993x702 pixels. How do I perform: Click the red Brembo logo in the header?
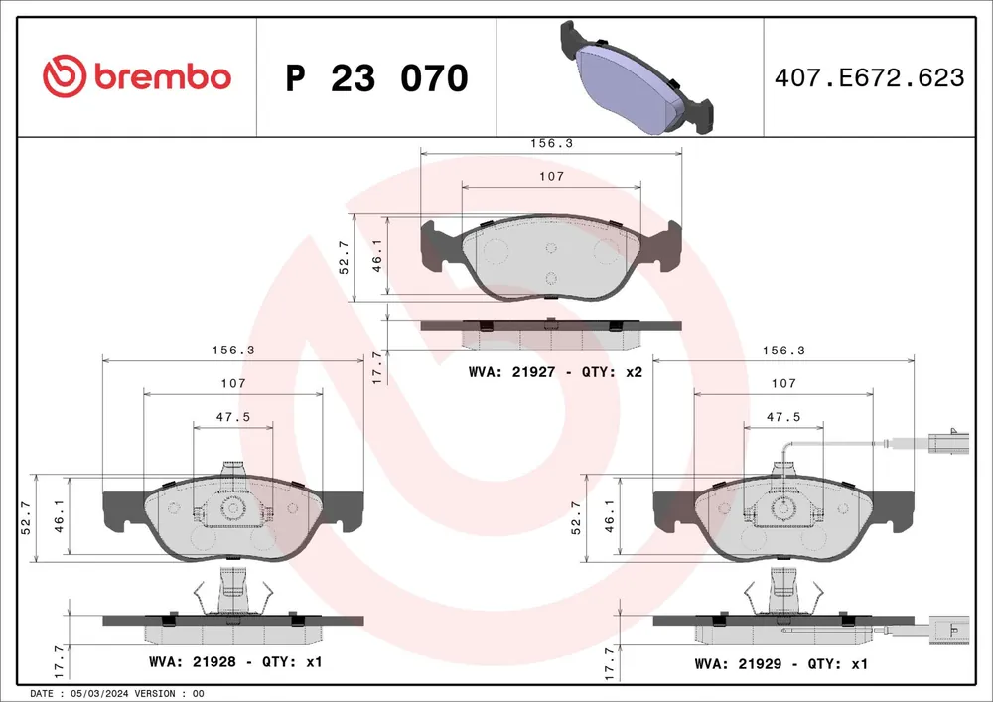point(137,76)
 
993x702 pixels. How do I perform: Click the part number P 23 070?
point(376,77)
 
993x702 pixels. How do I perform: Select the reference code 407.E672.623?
point(870,77)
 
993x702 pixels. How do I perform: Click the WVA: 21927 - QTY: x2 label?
point(555,372)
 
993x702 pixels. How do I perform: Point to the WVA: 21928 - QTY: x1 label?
point(235,662)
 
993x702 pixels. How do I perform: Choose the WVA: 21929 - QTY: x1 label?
point(780,664)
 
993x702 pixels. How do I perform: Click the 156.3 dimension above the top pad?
point(551,143)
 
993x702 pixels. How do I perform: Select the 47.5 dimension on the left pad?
point(233,416)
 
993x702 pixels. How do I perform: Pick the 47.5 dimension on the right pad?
point(783,416)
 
